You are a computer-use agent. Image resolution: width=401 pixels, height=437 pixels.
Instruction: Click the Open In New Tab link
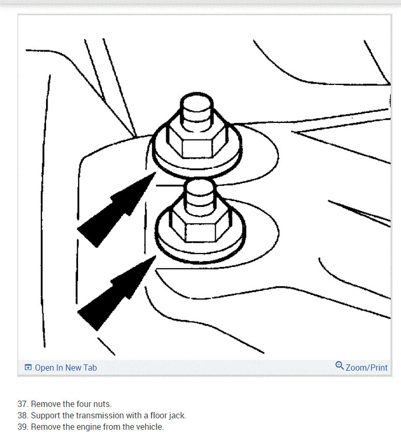66,368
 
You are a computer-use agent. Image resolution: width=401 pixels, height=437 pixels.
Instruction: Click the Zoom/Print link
366,368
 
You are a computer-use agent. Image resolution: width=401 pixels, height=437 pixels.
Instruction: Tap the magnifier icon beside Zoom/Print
339,366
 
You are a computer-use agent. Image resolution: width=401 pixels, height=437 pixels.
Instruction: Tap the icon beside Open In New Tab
28,368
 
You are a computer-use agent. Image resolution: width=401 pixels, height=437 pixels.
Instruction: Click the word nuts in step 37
101,404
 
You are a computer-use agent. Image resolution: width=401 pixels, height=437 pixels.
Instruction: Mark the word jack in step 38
176,415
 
